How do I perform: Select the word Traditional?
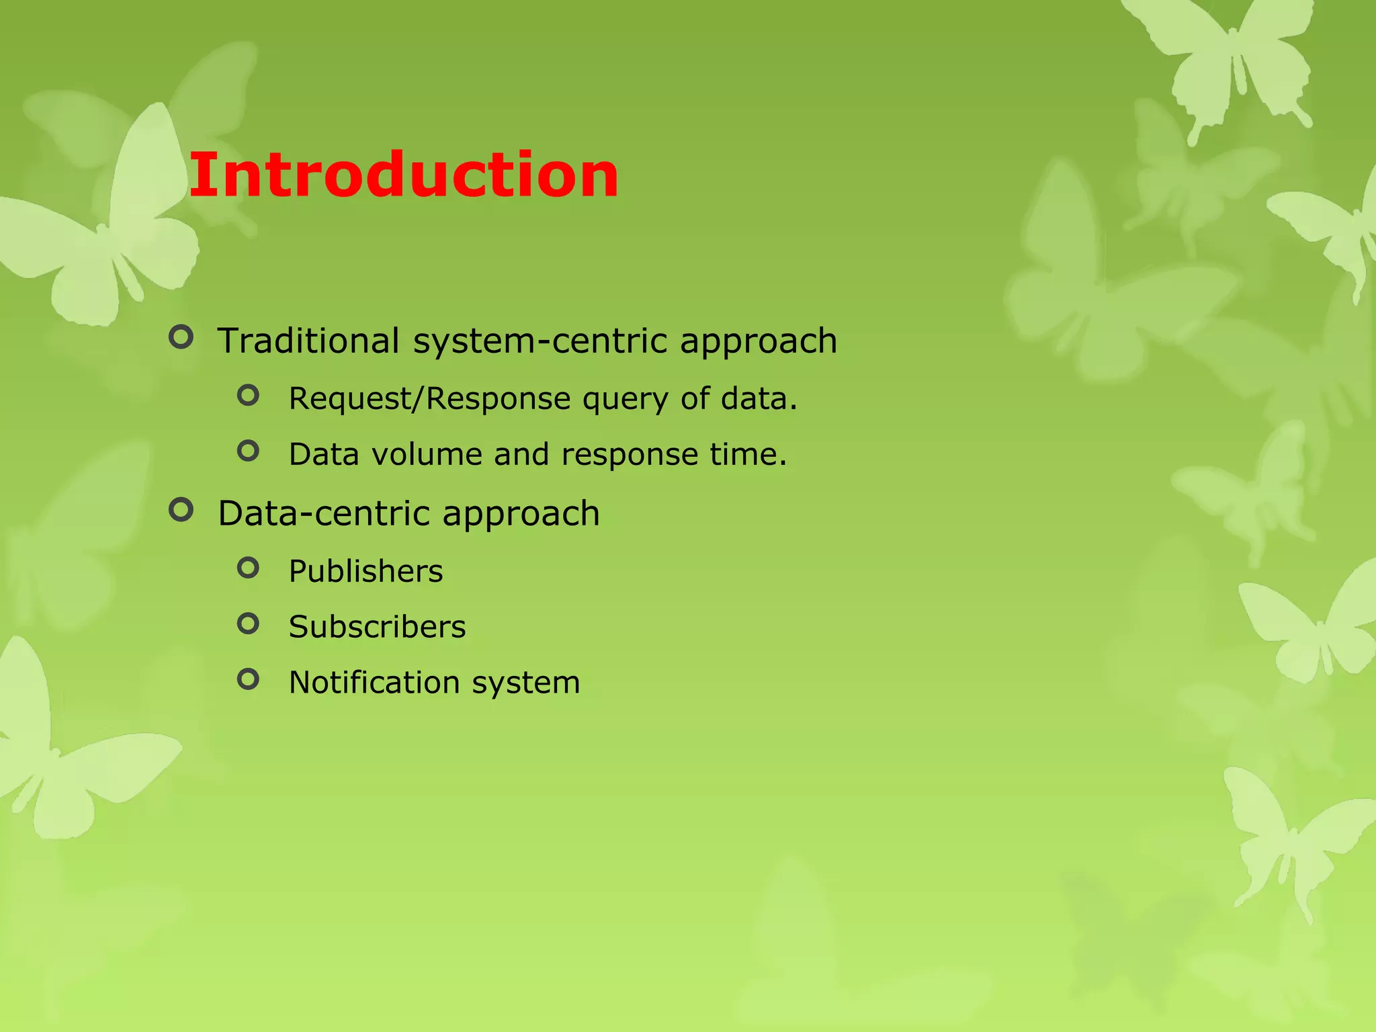click(x=308, y=340)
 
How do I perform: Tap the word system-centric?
click(x=540, y=340)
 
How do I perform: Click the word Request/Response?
click(x=429, y=398)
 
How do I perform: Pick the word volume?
click(x=426, y=454)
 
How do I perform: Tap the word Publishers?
click(x=365, y=571)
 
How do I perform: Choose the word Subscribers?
click(x=377, y=627)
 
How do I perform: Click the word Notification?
click(x=374, y=683)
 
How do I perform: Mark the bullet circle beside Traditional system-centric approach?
click(x=181, y=337)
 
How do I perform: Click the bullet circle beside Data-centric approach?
click(x=181, y=510)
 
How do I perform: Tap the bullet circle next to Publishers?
click(x=248, y=568)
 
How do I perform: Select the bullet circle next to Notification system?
click(x=248, y=679)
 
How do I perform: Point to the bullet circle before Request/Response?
click(x=248, y=395)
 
